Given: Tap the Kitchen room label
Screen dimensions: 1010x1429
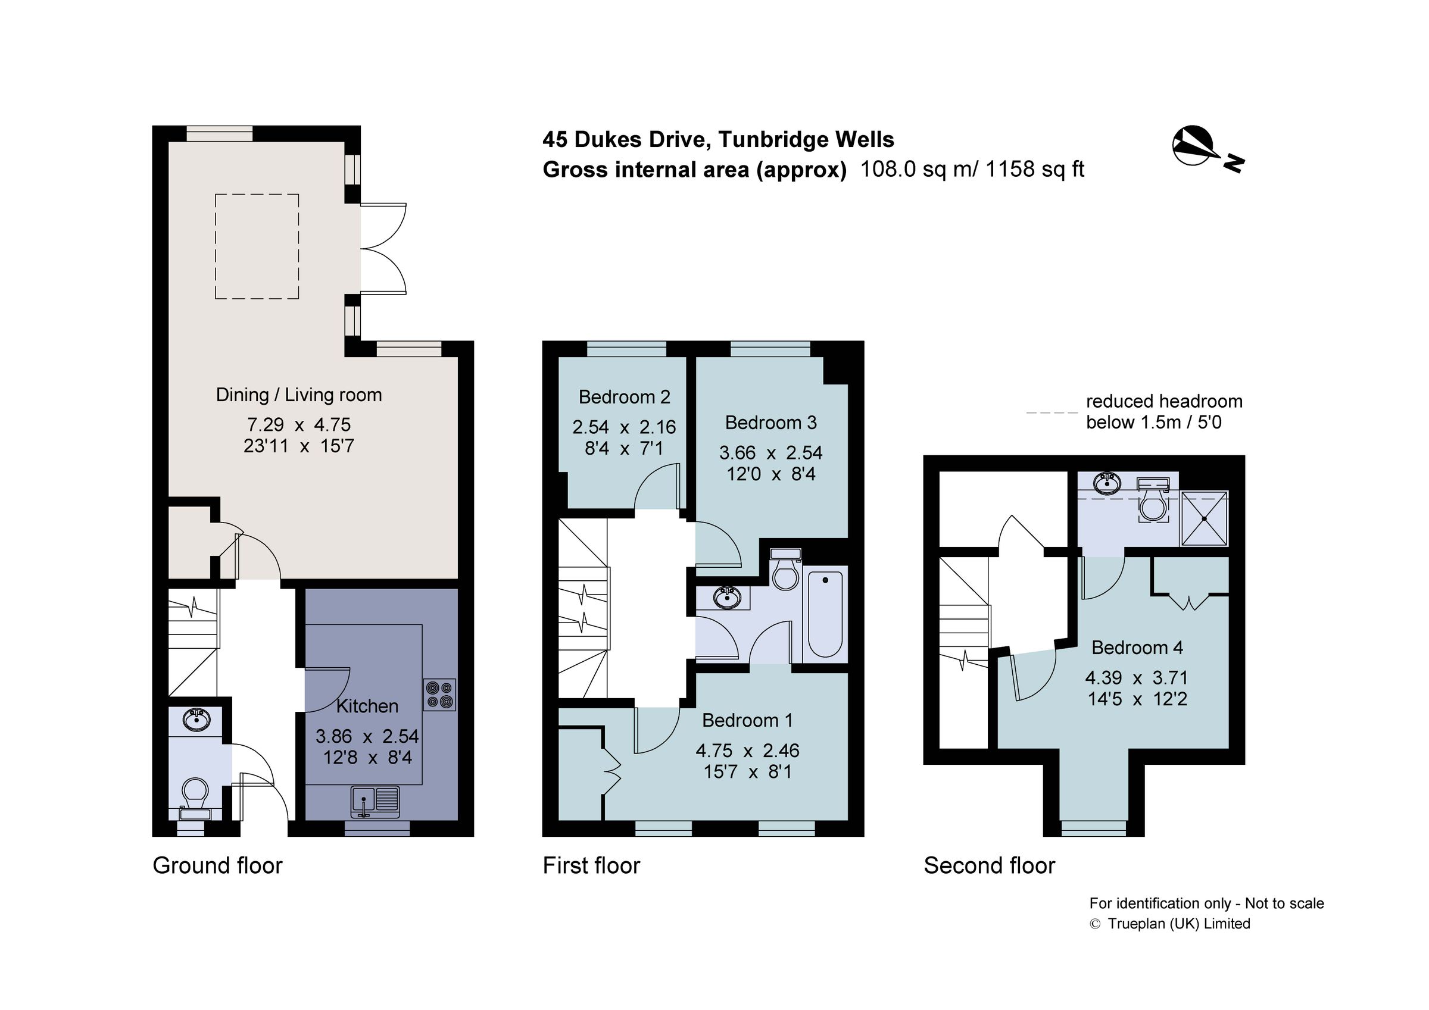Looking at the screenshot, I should (367, 706).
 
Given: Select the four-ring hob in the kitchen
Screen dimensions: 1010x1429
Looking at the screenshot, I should (439, 695).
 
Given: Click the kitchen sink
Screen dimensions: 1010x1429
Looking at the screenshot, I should (375, 802).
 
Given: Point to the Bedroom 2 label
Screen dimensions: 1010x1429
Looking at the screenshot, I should (624, 397).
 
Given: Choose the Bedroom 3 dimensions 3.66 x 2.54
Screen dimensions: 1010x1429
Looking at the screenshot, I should (770, 452).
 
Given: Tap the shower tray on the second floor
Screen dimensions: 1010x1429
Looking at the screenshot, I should (1204, 519).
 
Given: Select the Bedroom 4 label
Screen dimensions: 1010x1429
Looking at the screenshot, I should (1137, 647).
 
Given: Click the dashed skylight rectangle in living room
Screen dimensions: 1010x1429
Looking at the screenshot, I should (257, 246).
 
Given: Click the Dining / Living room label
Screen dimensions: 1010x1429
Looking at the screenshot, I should (299, 395).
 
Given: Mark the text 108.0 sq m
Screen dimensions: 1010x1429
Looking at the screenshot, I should (918, 169).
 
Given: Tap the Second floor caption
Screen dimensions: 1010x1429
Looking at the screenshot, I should (989, 865).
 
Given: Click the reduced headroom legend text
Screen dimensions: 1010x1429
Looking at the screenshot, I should (1163, 411).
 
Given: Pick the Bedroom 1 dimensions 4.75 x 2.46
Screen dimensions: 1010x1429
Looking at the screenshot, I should (747, 751).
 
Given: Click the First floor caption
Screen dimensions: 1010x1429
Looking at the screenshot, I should (591, 865).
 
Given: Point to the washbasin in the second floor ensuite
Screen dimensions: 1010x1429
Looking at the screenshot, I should (1107, 481).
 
